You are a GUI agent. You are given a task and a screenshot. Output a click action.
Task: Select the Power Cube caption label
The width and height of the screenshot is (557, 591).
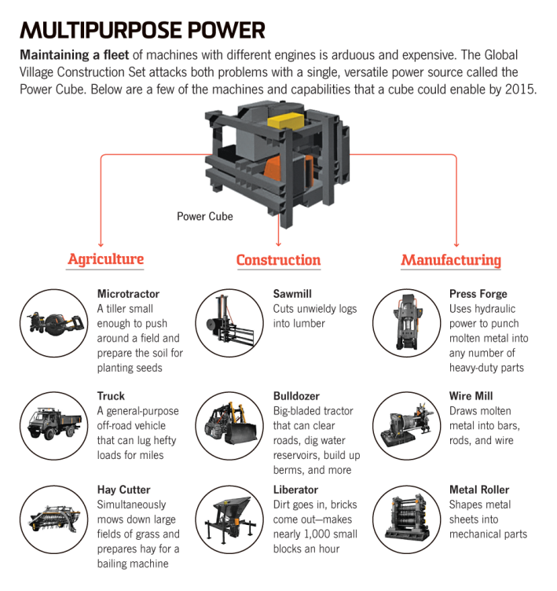(204, 216)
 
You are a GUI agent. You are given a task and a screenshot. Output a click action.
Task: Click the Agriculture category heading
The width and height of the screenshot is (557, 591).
(105, 259)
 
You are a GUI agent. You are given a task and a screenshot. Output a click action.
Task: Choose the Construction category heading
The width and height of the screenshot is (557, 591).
(278, 260)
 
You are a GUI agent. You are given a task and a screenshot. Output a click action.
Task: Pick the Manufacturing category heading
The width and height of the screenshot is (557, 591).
(451, 260)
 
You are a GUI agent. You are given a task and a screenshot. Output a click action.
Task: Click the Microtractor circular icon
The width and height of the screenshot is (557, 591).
(53, 321)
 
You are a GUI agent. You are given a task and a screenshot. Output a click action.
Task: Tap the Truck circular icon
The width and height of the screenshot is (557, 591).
(53, 424)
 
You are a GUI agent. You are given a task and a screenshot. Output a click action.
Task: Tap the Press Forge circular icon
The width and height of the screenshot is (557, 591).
(405, 321)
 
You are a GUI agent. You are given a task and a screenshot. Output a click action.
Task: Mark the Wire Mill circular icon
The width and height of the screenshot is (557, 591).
(405, 424)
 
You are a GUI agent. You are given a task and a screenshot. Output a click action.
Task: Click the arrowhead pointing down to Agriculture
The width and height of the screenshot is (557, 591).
(101, 244)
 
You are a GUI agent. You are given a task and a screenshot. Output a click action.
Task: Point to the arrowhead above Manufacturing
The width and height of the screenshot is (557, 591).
(456, 244)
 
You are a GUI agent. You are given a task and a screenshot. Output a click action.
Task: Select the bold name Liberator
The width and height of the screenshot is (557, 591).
(295, 490)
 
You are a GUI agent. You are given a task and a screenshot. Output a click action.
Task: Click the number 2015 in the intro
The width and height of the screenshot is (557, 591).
(519, 89)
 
